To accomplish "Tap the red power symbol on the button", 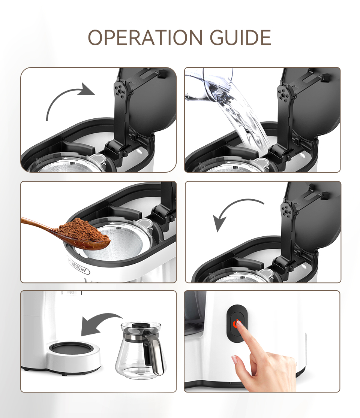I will pos(236,323).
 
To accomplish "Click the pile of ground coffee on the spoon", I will pos(81,230).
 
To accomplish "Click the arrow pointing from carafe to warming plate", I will pos(99,324).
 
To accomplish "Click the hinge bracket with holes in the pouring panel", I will pos(285,94).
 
